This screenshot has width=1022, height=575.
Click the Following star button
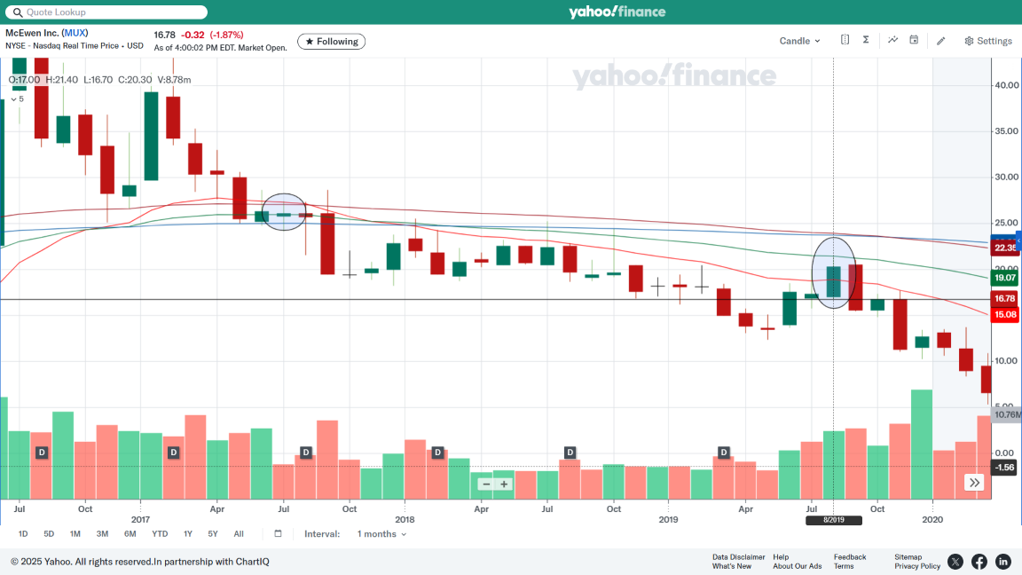pos(331,42)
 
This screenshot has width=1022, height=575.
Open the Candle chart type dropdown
pos(799,41)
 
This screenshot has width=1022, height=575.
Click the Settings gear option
pos(987,41)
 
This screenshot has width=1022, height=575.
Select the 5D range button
pos(49,534)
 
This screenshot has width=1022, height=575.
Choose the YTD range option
pos(160,534)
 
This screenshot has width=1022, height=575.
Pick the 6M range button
pos(130,534)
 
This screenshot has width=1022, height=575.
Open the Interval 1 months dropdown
pos(381,534)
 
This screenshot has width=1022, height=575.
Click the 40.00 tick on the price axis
pos(1006,85)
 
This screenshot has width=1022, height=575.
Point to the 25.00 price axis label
pos(1006,223)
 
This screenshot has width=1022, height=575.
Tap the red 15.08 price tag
pos(1005,314)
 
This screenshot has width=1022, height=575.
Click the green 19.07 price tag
pos(1005,278)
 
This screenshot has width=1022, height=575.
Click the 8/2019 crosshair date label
pos(833,520)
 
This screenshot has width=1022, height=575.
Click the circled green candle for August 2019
pos(834,281)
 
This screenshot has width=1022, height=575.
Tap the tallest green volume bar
pos(922,444)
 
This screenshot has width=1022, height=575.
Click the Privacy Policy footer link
pos(917,566)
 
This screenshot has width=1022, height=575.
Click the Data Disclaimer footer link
pos(738,557)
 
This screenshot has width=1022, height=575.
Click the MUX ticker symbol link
pos(75,34)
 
